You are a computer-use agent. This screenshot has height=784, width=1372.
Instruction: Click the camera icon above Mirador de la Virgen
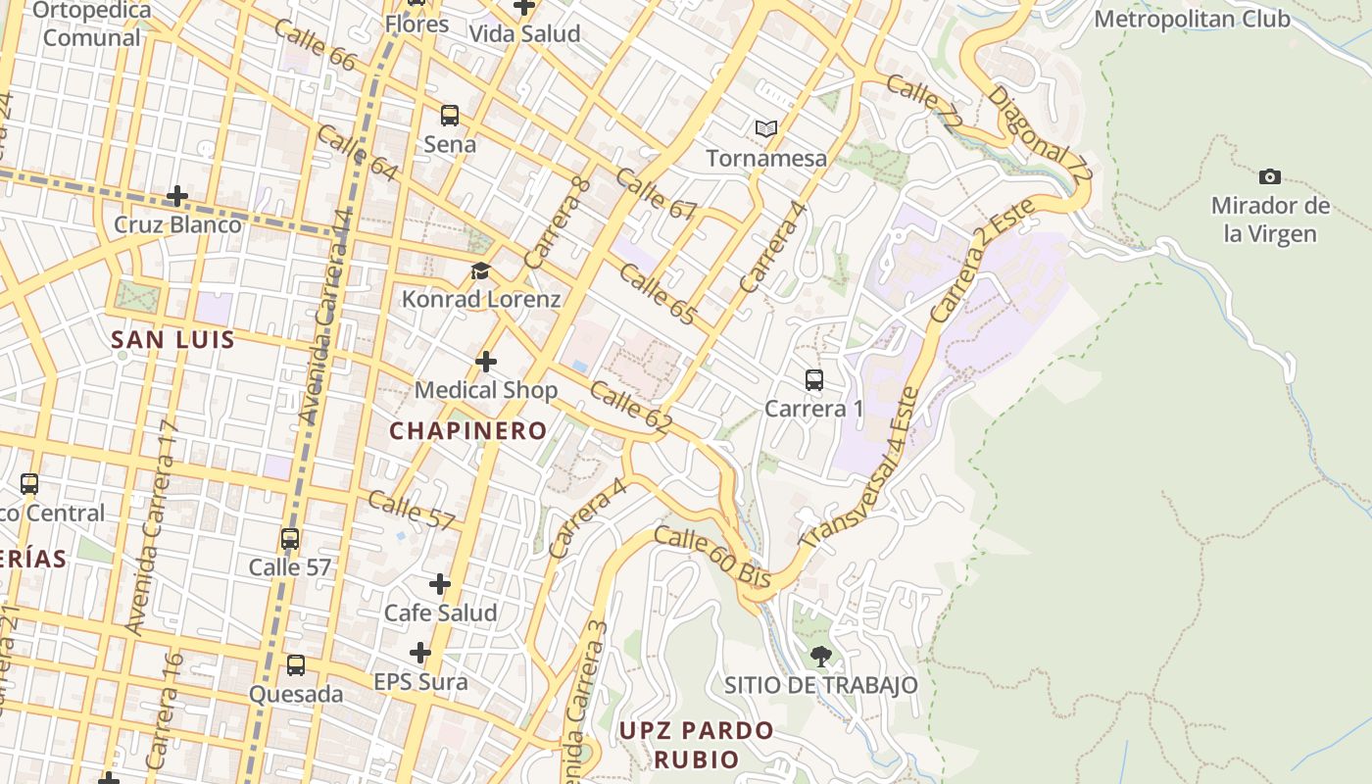click(x=1270, y=176)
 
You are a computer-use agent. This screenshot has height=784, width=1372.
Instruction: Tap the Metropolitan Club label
click(x=1192, y=19)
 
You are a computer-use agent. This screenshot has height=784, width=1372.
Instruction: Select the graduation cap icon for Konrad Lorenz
click(x=480, y=270)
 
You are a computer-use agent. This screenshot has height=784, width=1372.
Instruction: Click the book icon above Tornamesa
click(x=766, y=128)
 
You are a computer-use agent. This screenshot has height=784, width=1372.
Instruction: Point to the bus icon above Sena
click(x=450, y=116)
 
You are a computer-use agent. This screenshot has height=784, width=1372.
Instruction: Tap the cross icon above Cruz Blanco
click(x=177, y=196)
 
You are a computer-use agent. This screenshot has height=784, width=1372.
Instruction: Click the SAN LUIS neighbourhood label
click(x=173, y=340)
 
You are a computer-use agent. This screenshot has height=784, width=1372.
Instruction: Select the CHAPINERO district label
click(x=468, y=430)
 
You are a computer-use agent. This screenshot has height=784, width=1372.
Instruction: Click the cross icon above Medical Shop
click(x=486, y=362)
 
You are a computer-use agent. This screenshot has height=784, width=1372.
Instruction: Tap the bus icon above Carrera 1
click(x=813, y=380)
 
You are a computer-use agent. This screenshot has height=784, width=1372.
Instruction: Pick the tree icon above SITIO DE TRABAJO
click(x=821, y=656)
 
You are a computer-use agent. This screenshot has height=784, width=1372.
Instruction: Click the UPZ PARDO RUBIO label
click(x=697, y=745)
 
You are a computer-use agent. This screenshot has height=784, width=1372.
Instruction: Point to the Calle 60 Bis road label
click(x=712, y=557)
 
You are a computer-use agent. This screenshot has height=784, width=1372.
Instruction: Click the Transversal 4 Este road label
click(x=861, y=470)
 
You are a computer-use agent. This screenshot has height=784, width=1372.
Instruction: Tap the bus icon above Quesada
click(x=296, y=665)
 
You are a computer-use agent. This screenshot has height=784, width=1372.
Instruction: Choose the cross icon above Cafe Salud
click(x=440, y=584)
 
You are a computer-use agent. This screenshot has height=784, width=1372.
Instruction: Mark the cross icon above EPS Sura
click(x=420, y=653)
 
